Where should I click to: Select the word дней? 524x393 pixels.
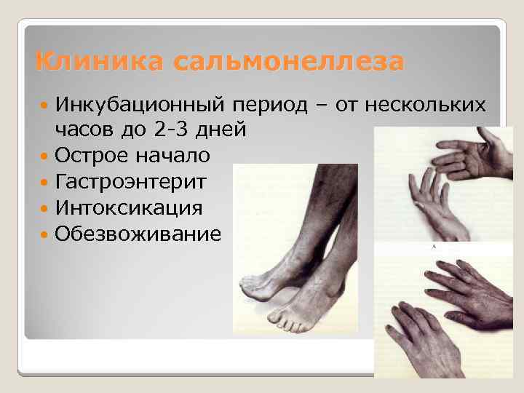pos(222,130)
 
